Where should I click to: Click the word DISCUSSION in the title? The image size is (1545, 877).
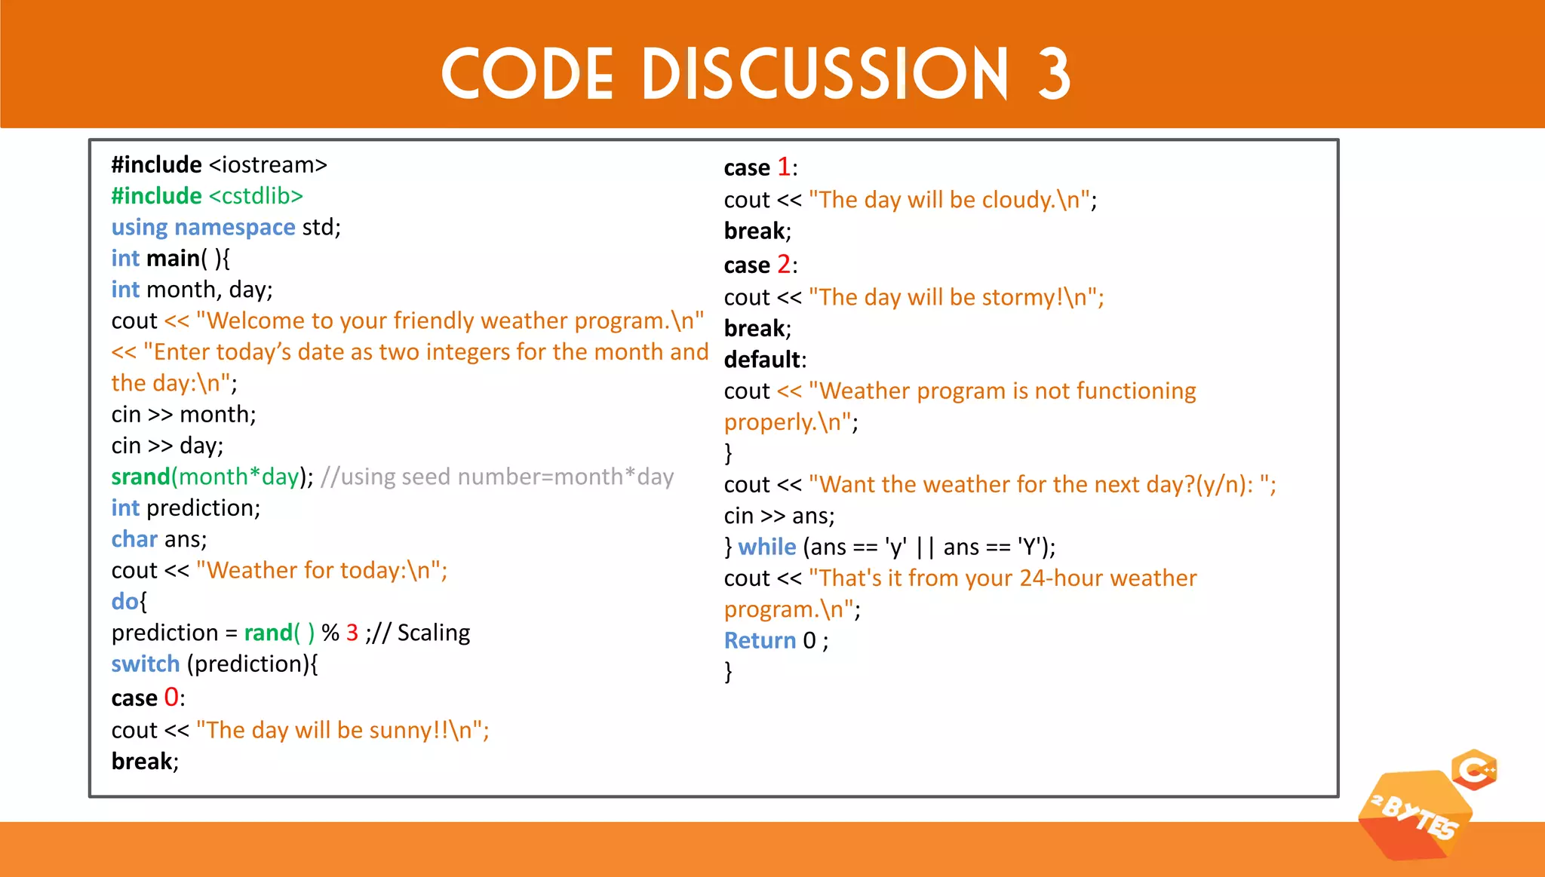point(825,73)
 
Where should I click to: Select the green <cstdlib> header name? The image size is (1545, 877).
point(256,196)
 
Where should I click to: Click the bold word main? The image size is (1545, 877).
point(173,259)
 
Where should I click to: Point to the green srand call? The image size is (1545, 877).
point(140,477)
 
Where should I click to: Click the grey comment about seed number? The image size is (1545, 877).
point(497,477)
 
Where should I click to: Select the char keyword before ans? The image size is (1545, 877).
point(134,539)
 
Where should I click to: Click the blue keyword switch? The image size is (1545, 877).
point(145,664)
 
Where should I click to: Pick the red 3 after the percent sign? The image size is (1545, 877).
point(352,633)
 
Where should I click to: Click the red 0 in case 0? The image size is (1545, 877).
point(171,698)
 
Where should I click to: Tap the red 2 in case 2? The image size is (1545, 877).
point(784,265)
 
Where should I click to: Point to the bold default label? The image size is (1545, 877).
point(762,360)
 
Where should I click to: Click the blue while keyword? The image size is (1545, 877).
point(766,547)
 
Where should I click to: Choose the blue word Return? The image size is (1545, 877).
point(760,640)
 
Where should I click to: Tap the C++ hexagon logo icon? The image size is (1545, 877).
point(1475,770)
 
